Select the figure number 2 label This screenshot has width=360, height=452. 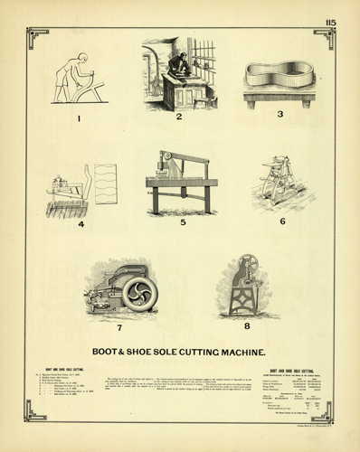coord(179,117)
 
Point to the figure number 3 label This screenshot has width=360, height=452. coord(280,115)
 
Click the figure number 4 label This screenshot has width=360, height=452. coord(81,223)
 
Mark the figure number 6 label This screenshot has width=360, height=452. coord(282,221)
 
